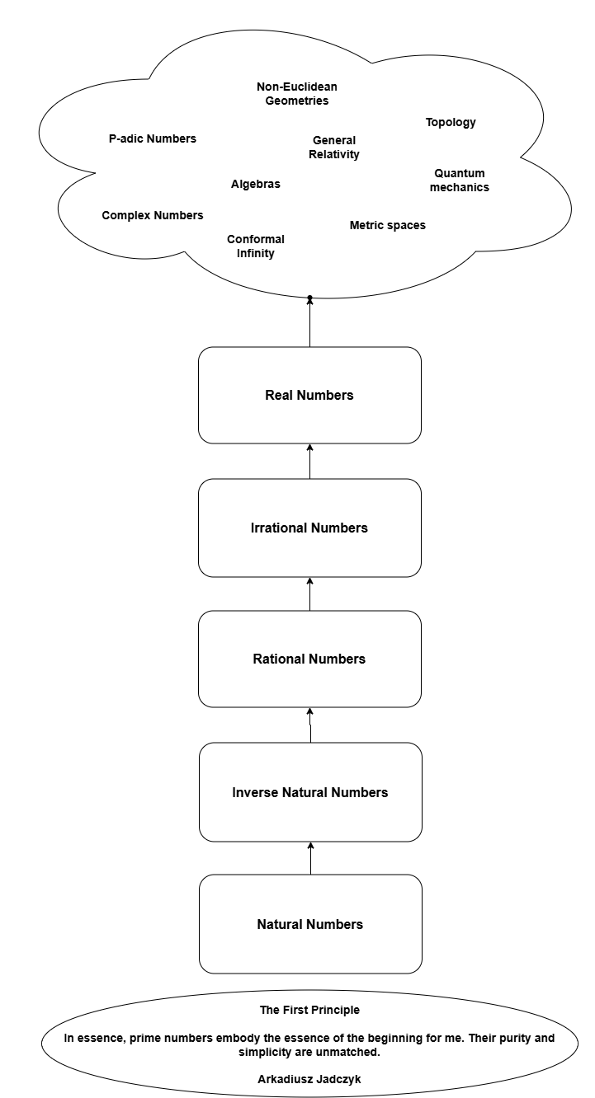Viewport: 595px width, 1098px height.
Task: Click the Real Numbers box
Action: point(309,396)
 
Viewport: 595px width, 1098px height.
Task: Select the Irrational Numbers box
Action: point(309,528)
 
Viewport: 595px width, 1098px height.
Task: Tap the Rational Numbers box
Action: point(309,659)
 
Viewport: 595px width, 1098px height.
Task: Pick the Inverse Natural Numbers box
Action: point(310,792)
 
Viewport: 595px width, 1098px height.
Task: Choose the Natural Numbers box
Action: point(310,924)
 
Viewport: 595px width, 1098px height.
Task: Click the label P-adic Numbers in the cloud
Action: point(153,138)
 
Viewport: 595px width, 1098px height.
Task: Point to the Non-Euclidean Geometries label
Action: point(297,94)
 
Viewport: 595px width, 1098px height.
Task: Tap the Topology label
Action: point(451,123)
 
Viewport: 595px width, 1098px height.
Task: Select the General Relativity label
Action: point(334,148)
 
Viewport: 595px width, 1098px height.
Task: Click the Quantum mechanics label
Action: point(460,181)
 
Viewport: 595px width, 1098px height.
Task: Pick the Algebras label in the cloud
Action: point(256,185)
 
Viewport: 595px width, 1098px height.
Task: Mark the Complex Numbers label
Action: point(153,215)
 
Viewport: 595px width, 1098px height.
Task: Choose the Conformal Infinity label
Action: point(256,246)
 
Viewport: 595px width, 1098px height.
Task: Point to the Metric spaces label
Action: point(388,225)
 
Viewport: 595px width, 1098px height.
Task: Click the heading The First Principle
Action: point(309,1010)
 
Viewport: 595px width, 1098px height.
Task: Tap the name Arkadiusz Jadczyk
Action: point(309,1079)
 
